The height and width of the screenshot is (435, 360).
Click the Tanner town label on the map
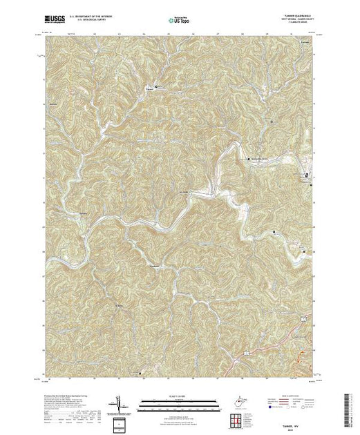tap(148, 88)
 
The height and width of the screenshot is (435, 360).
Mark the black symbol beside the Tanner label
tap(155, 87)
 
